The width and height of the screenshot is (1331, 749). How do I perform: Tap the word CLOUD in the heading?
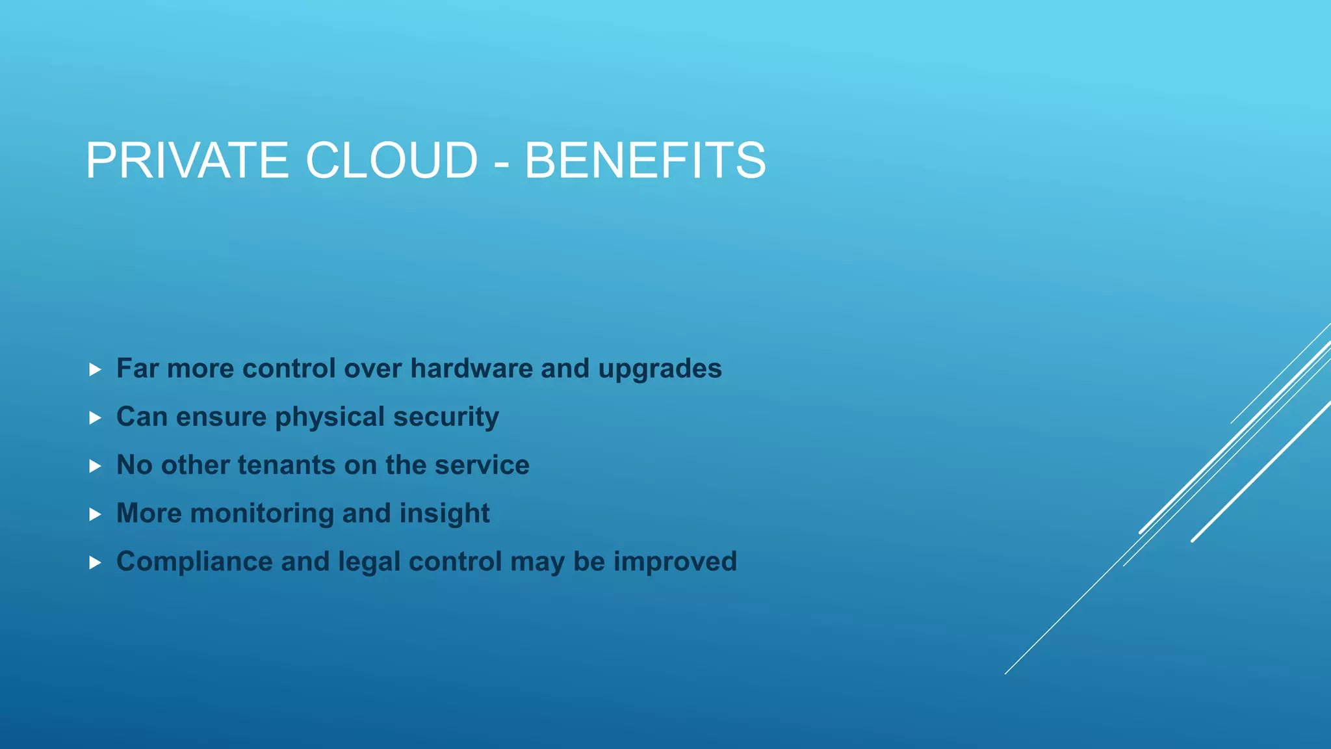[392, 161]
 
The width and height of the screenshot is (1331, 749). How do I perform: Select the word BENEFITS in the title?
[645, 161]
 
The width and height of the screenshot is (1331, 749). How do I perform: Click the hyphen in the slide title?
[501, 164]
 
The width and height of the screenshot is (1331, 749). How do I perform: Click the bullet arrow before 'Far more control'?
[95, 370]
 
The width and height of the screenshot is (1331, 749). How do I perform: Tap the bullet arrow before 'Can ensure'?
[95, 418]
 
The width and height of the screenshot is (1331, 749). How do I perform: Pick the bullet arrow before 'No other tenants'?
[95, 466]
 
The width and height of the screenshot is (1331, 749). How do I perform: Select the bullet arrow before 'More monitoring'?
[95, 514]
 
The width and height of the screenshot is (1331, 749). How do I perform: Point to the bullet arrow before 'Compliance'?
[95, 562]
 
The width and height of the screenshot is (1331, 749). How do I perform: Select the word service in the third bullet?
[482, 466]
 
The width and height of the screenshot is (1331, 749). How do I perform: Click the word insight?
[445, 514]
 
